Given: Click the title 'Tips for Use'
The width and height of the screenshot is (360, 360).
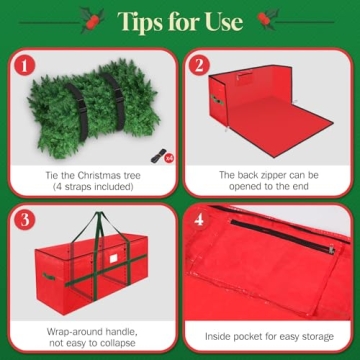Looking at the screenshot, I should [x=181, y=21].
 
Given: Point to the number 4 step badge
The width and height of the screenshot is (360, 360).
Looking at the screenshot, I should [x=198, y=219].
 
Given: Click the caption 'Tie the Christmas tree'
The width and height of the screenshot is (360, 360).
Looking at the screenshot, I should [x=91, y=174].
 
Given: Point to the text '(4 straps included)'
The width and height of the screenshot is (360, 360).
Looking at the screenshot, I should [x=91, y=187].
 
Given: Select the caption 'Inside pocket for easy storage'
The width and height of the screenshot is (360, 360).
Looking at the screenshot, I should [x=270, y=337].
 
